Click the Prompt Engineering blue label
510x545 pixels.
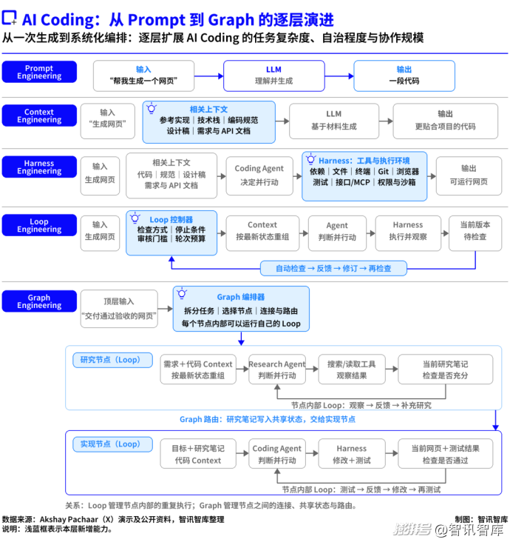pos(39,72)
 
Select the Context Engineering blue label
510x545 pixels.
pos(39,116)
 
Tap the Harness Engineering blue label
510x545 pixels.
pos(39,167)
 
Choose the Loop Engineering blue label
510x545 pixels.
pos(39,225)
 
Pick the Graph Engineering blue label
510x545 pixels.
pos(39,301)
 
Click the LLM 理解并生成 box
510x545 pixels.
pos(274,76)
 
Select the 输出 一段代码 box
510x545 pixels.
pos(404,76)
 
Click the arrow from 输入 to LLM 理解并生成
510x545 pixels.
pos(209,76)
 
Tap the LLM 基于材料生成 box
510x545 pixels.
pos(334,121)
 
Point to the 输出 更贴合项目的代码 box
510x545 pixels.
pos(446,121)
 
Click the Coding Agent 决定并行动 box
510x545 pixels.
pos(259,175)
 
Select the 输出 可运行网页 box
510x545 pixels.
pos(469,175)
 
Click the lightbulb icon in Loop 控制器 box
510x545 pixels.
pos(135,218)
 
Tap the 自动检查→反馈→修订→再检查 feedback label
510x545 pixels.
pos(333,268)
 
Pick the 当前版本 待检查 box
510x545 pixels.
pos(475,233)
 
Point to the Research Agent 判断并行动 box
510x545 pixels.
pos(277,369)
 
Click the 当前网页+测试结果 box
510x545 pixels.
pos(446,454)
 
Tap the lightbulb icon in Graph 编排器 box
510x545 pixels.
pos(182,294)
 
